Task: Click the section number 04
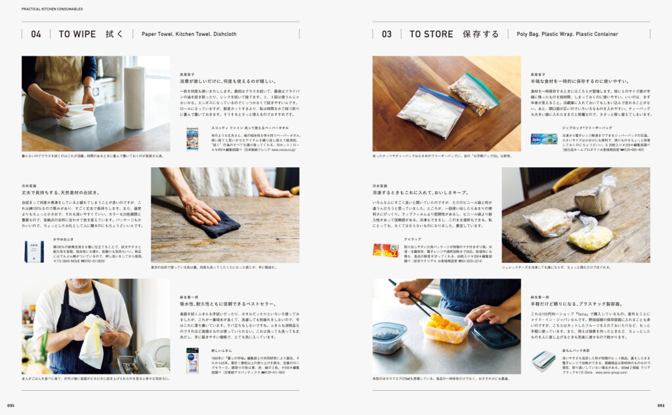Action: [36, 34]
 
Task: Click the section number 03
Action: [387, 34]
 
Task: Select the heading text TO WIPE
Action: [77, 34]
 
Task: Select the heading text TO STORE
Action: [431, 34]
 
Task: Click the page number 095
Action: [11, 405]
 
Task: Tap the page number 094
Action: [660, 405]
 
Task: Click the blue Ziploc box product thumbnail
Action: [543, 139]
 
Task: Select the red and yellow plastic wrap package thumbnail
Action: [385, 250]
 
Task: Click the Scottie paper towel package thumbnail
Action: [192, 139]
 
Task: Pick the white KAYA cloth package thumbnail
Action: [34, 251]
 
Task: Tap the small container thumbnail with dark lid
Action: [543, 361]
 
